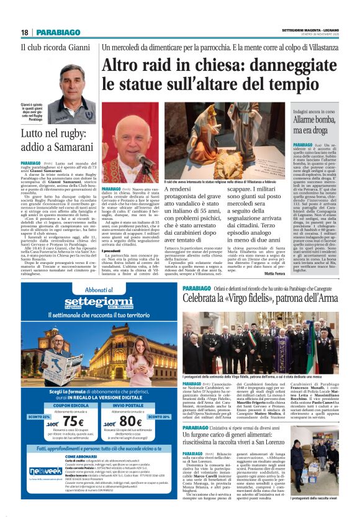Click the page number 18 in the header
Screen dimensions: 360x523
25,32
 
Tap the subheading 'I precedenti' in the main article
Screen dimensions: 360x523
114,233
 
